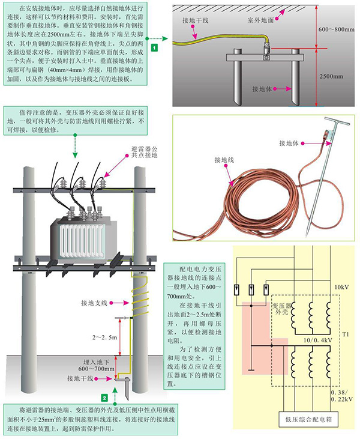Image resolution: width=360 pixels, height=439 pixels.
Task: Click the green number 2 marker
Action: click(104, 397)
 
